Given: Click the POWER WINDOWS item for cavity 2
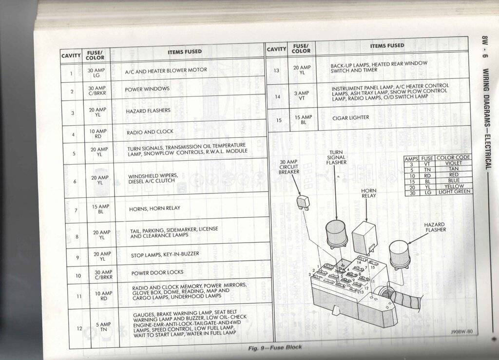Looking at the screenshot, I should pyautogui.click(x=147, y=90).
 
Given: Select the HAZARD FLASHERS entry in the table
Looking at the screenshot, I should pyautogui.click(x=149, y=111).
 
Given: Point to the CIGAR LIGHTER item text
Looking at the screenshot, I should pyautogui.click(x=351, y=118).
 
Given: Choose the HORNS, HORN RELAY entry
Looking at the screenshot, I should pyautogui.click(x=154, y=208).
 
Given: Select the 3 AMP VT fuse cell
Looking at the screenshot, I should pyautogui.click(x=302, y=95).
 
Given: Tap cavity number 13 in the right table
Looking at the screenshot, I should pyautogui.click(x=276, y=71).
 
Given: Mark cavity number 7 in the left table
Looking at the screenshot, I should pyautogui.click(x=76, y=210).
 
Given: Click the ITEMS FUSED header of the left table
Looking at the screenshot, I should pyautogui.click(x=185, y=52).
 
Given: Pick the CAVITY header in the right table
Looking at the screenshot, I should pyautogui.click(x=276, y=49).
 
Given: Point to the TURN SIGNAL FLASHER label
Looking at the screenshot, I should pyautogui.click(x=336, y=157).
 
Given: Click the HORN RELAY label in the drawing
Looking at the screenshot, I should pyautogui.click(x=368, y=193).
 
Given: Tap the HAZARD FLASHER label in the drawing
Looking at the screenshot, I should pyautogui.click(x=435, y=227).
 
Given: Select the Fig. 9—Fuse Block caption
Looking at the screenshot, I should pyautogui.click(x=275, y=347).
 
